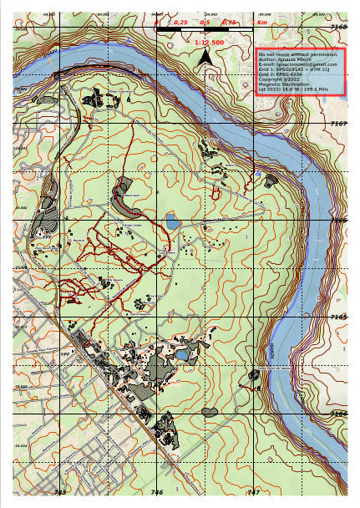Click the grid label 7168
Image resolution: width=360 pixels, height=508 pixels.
pyautogui.click(x=338, y=28)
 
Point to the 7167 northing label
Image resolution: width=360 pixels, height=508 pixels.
pyautogui.click(x=338, y=124)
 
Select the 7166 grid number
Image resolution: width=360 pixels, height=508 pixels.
pyautogui.click(x=338, y=221)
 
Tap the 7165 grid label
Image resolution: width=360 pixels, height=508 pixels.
pyautogui.click(x=338, y=317)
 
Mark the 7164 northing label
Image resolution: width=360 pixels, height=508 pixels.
pyautogui.click(x=338, y=414)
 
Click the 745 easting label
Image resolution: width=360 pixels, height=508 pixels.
pyautogui.click(x=60, y=493)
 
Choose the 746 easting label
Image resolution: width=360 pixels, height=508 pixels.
pyautogui.click(x=157, y=493)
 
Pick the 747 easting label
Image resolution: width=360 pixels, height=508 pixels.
pyautogui.click(x=254, y=493)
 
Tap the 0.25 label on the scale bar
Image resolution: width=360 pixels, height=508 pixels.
pyautogui.click(x=180, y=23)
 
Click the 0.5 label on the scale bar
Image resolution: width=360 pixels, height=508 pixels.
pyautogui.click(x=205, y=23)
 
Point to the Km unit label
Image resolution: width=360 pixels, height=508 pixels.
pyautogui.click(x=261, y=23)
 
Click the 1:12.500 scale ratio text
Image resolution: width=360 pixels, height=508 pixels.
pyautogui.click(x=208, y=42)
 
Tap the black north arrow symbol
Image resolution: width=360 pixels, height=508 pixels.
pyautogui.click(x=205, y=57)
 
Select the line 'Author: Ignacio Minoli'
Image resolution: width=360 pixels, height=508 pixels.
pyautogui.click(x=283, y=58)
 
